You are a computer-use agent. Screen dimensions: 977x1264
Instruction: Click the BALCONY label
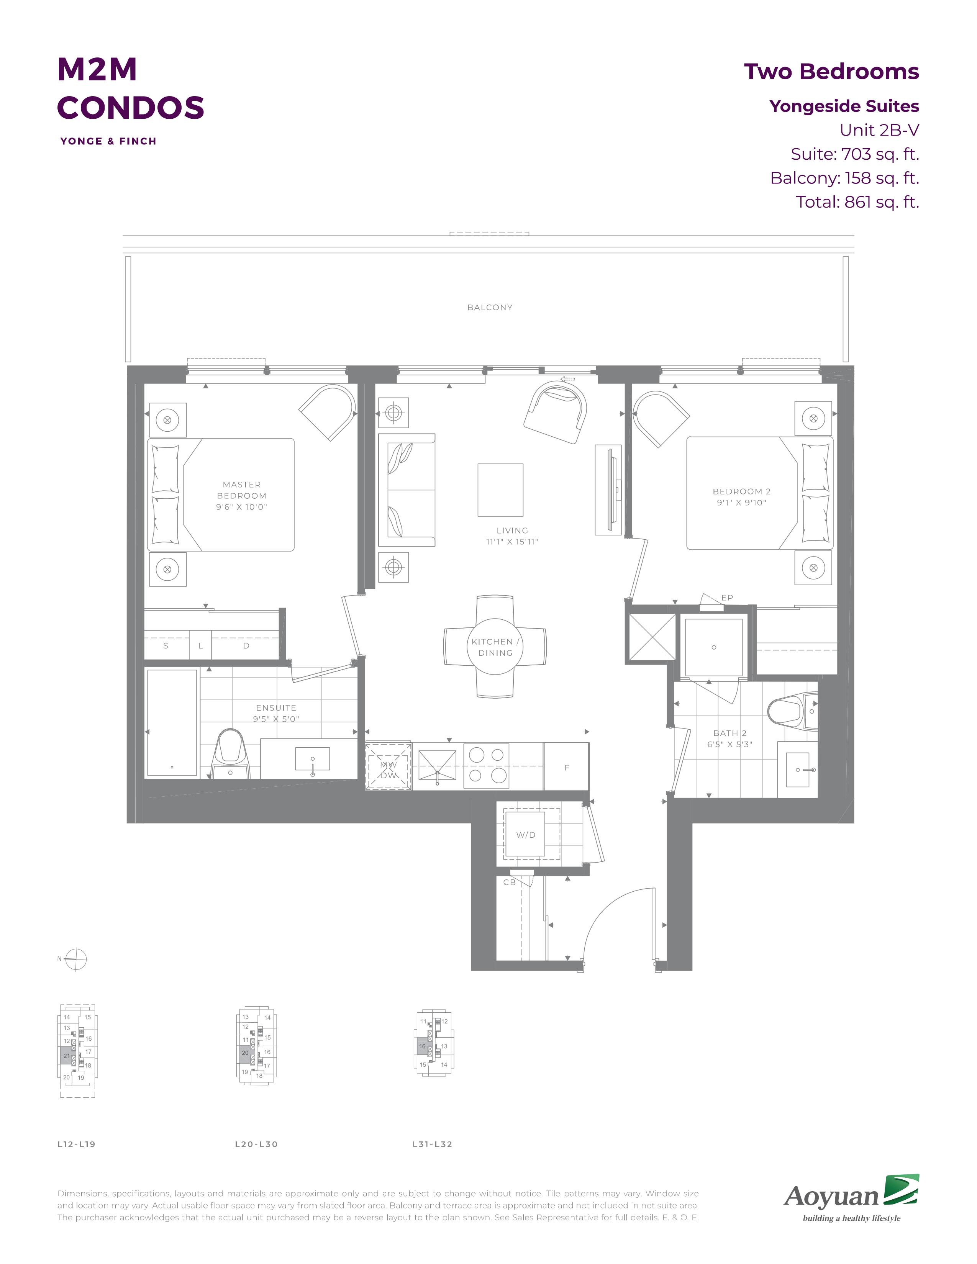coord(490,307)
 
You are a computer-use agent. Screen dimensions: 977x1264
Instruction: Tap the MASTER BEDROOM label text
coord(241,490)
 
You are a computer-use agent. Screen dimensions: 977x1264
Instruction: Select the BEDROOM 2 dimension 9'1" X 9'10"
coord(741,503)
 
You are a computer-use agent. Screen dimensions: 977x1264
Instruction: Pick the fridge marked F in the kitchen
coord(566,767)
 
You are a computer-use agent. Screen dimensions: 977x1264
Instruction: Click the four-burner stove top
coord(486,765)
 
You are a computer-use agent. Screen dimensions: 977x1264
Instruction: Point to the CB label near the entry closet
coord(509,882)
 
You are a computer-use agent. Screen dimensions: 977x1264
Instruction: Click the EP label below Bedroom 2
coord(727,597)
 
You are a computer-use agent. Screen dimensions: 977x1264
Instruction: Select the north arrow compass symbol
coord(76,959)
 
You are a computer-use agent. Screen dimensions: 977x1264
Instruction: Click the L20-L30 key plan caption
coord(256,1144)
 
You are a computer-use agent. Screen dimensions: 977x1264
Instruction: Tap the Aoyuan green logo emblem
coord(901,1190)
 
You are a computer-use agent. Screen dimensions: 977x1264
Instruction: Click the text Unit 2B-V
coord(879,130)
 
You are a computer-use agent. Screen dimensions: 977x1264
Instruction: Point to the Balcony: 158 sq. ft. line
coord(844,178)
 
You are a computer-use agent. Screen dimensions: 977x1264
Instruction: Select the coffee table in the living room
coord(500,490)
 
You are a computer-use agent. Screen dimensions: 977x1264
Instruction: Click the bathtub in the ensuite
coord(172,723)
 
